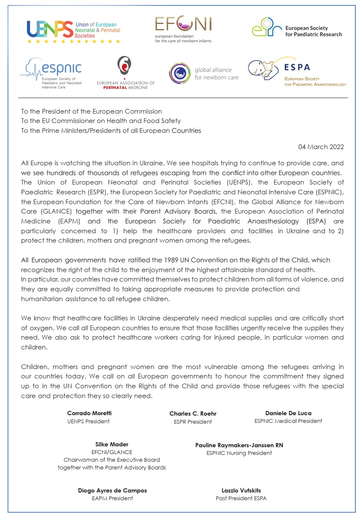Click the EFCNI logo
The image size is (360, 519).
(x=183, y=29)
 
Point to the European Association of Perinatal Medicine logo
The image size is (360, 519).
(x=125, y=73)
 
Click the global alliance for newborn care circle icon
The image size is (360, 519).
(x=180, y=73)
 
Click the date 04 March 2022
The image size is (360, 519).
(x=321, y=147)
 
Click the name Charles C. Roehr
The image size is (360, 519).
(x=193, y=413)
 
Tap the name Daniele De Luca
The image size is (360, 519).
(x=288, y=413)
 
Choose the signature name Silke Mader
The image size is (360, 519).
(x=112, y=444)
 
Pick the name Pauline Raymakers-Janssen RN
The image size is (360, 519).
(x=239, y=445)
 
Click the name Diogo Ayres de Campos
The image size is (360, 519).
(x=112, y=490)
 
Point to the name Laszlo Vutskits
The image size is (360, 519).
(x=241, y=490)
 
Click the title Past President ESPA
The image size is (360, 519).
(x=241, y=498)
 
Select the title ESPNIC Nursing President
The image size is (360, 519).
(x=239, y=453)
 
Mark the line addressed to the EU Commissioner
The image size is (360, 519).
(x=101, y=121)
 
